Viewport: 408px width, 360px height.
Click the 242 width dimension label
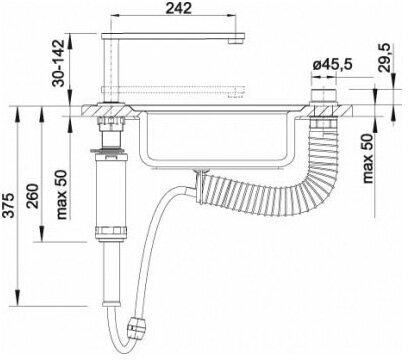pyautogui.click(x=179, y=8)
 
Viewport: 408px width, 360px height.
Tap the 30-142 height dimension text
pyautogui.click(x=58, y=63)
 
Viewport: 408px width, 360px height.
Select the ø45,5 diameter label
pyautogui.click(x=332, y=65)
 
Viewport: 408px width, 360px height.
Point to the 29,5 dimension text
pyautogui.click(x=385, y=58)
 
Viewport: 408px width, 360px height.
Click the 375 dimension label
pyautogui.click(x=10, y=205)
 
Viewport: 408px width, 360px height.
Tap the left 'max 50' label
pyautogui.click(x=62, y=195)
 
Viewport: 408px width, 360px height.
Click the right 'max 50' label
pyautogui.click(x=368, y=159)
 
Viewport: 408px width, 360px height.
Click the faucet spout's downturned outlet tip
pyautogui.click(x=236, y=41)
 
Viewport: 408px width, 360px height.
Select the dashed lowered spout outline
pyautogui.click(x=173, y=91)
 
